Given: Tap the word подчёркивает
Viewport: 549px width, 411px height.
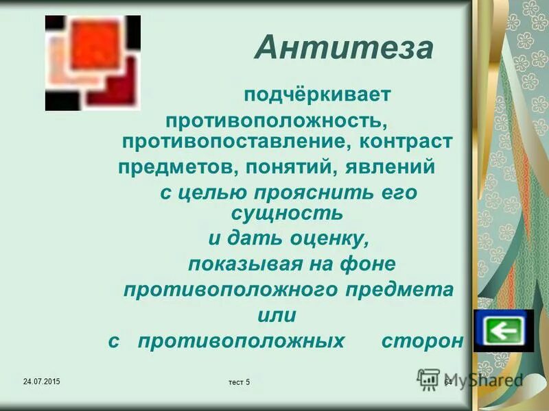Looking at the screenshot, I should (317, 94).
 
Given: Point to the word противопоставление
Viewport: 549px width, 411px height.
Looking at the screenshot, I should (235, 142).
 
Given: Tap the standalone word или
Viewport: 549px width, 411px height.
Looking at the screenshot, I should (276, 315).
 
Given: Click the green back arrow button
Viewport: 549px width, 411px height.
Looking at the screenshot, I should (503, 331).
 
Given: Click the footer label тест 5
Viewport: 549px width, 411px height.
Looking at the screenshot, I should (239, 382).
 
